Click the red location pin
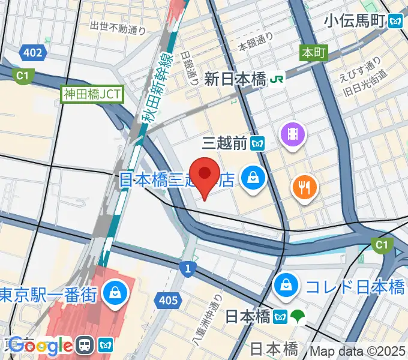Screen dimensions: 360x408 tap(205, 175)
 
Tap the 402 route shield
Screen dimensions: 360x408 tap(33, 53)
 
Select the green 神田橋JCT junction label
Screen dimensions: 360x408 tap(92, 94)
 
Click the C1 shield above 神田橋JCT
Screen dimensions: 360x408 tap(23, 75)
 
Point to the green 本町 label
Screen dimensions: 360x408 tap(313, 53)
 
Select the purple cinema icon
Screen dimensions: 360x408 tap(293, 133)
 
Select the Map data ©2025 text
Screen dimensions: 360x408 tap(358, 350)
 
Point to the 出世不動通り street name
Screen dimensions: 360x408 tap(118, 27)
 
